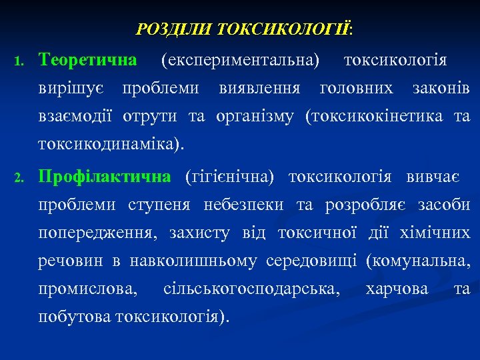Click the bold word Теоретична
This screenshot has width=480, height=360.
click(88, 60)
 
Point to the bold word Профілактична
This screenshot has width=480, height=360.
click(105, 177)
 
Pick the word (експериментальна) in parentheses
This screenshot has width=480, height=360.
click(240, 61)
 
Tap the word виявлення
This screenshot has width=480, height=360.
click(259, 88)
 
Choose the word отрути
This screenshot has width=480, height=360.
click(150, 117)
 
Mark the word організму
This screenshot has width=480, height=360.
click(255, 117)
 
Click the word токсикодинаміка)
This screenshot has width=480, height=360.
click(112, 145)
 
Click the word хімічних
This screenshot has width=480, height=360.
click(435, 234)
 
